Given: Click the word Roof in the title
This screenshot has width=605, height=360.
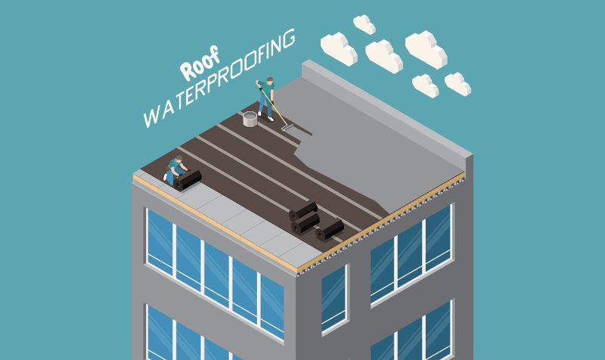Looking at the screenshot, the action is coord(200,64).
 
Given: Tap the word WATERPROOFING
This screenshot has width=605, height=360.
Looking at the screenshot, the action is coord(219,79).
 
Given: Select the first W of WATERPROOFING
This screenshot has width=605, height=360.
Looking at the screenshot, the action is coord(150,118).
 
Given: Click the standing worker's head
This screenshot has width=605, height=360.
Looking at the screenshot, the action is coord(270,80).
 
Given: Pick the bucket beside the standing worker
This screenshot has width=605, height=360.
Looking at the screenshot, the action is coord(250,119).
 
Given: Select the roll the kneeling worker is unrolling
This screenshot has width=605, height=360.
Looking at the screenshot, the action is coord(188,180).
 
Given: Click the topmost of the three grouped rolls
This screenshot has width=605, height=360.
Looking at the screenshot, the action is coord(303,211).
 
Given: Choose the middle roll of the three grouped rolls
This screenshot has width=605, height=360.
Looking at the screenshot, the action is coord(306,222).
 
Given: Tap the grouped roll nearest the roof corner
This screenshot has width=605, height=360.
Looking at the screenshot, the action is coord(330,230).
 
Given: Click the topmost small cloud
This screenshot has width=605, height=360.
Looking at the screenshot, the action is coord(365,24).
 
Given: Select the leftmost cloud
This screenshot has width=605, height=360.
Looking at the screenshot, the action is coord(339,48).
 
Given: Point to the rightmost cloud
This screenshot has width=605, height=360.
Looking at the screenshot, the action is coord(458,84).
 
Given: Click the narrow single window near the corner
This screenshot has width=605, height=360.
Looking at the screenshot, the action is coord(334,299).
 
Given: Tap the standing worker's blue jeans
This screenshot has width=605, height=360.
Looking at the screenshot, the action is coord(266,104).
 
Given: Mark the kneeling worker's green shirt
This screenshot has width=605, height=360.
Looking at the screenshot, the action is coord(175,165).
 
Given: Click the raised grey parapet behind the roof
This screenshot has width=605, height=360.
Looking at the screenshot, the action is coord(387,108).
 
